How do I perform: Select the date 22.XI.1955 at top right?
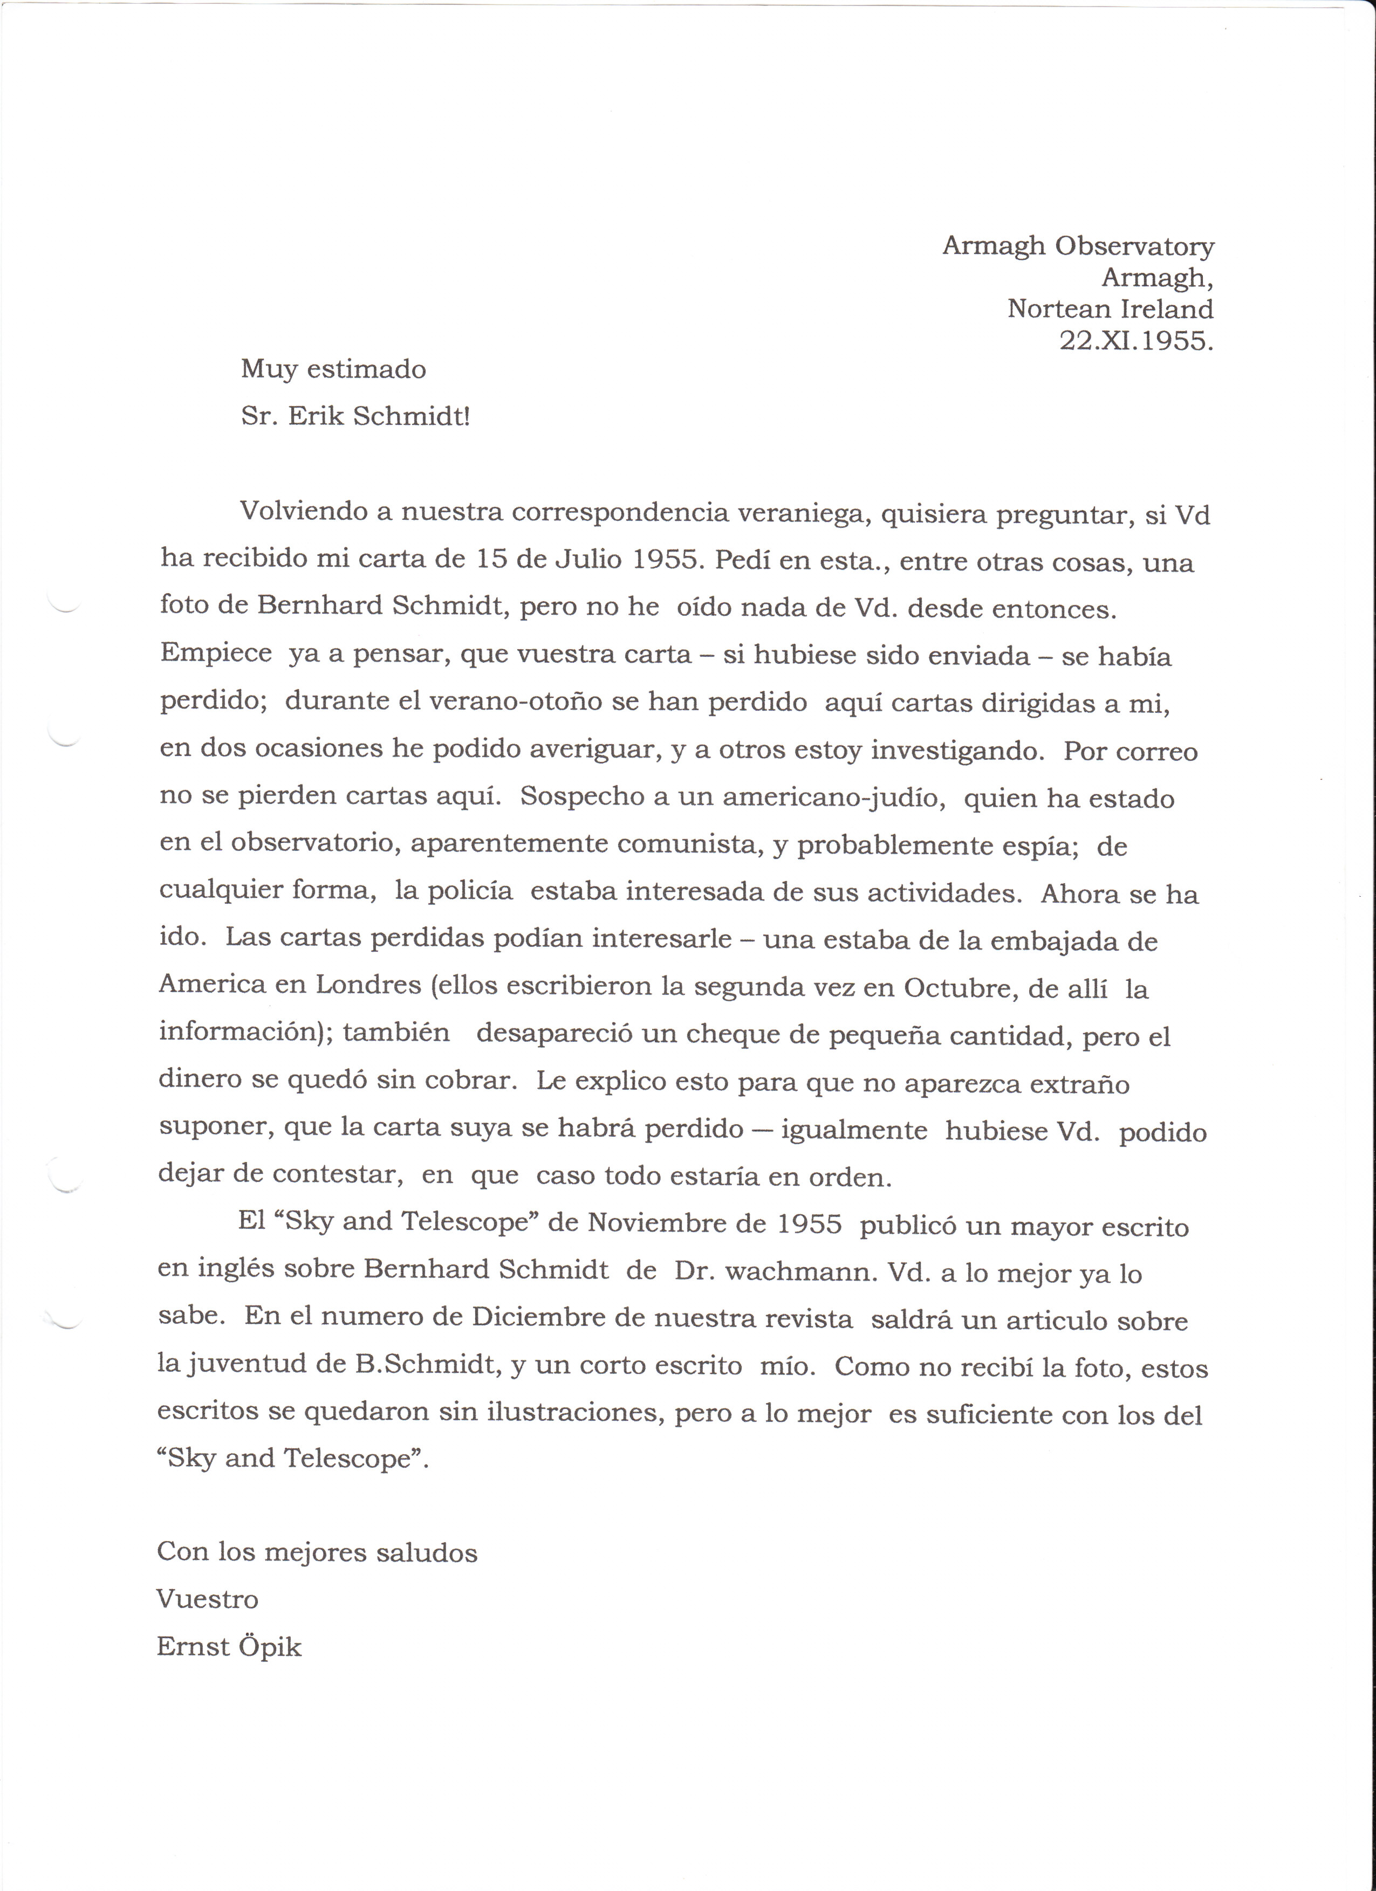pos(1136,341)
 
